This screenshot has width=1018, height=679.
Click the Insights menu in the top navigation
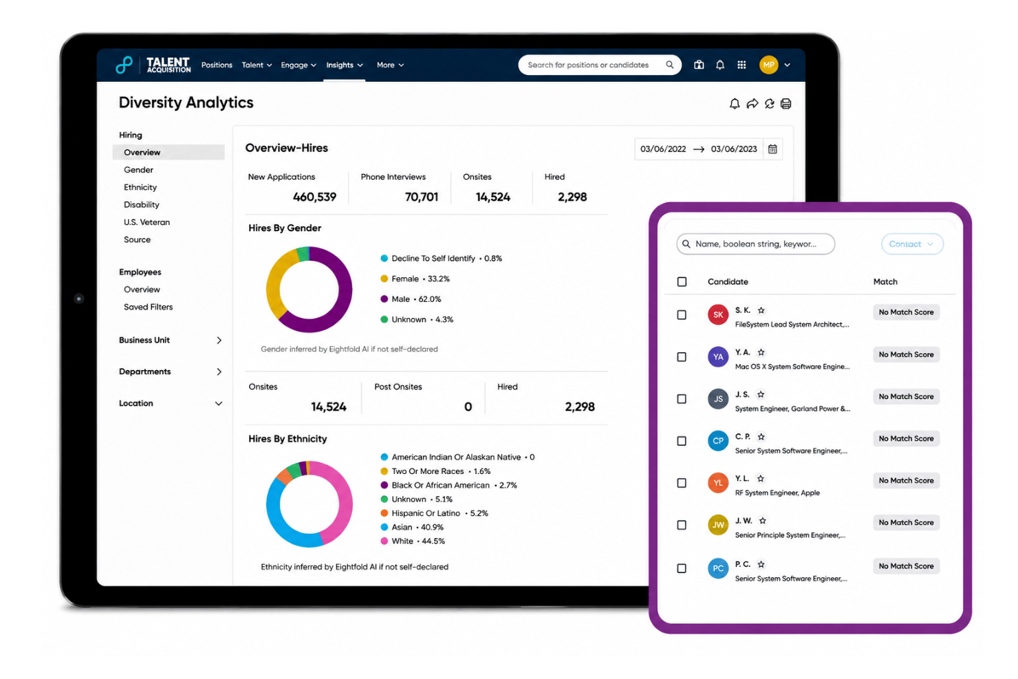point(345,65)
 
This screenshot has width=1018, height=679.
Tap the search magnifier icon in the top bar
point(669,65)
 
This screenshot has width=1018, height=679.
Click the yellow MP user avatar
point(768,65)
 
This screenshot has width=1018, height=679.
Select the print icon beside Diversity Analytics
point(786,104)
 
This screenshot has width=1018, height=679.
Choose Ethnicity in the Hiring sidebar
point(140,187)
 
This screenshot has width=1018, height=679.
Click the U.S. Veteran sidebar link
point(147,222)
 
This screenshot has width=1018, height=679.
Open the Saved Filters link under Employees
point(148,307)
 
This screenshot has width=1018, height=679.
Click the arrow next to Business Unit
point(219,340)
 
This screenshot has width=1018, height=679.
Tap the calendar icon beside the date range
point(772,149)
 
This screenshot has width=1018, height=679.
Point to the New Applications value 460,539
point(314,197)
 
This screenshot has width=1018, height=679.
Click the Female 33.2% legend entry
point(415,279)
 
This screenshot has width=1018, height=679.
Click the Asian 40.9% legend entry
point(412,527)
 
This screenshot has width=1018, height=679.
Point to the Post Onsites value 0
point(468,407)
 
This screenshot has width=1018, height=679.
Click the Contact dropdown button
point(912,244)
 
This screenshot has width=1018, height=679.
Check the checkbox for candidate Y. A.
point(682,357)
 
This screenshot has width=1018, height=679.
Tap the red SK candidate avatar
point(718,314)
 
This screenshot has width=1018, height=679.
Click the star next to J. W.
point(763,520)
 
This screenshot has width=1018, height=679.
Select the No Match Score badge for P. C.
point(906,565)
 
